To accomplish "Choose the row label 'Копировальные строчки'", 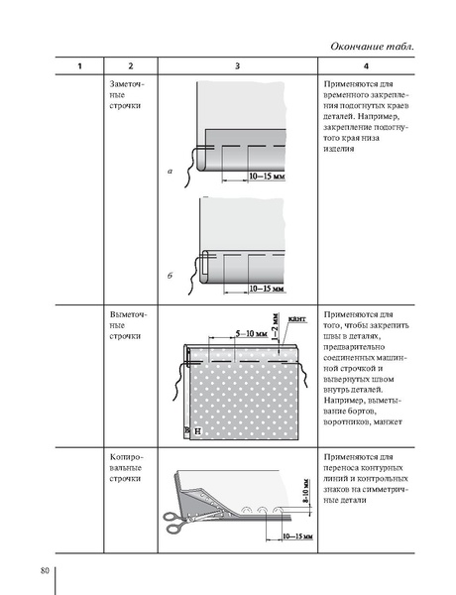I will [x=125, y=466].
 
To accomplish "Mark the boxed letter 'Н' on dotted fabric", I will [x=197, y=431].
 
